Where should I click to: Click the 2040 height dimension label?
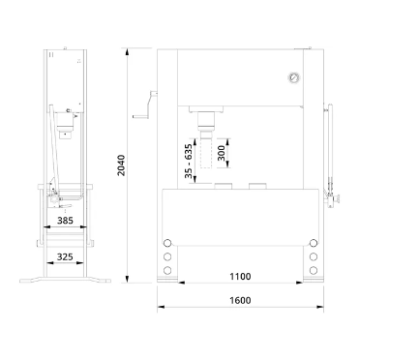pyautogui.click(x=121, y=165)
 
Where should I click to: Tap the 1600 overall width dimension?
pyautogui.click(x=240, y=300)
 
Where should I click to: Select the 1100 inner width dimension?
pyautogui.click(x=240, y=277)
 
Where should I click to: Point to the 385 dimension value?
pyautogui.click(x=65, y=221)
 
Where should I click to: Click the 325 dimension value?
pyautogui.click(x=65, y=257)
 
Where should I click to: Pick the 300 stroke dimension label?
pyautogui.click(x=222, y=153)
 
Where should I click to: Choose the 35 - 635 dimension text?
pyautogui.click(x=189, y=161)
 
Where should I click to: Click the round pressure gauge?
pyautogui.click(x=294, y=77)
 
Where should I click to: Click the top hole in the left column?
pyautogui.click(x=167, y=243)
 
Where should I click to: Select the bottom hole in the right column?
pyautogui.click(x=313, y=270)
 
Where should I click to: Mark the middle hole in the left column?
pyautogui.click(x=167, y=256)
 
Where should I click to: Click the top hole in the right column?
pyautogui.click(x=313, y=243)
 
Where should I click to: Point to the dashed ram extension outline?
pyautogui.click(x=206, y=153)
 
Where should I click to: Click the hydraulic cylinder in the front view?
pyautogui.click(x=206, y=122)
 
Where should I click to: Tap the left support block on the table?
pyautogui.click(x=224, y=186)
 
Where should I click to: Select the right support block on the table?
pyautogui.click(x=257, y=186)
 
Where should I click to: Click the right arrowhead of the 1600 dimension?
pyautogui.click(x=319, y=307)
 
